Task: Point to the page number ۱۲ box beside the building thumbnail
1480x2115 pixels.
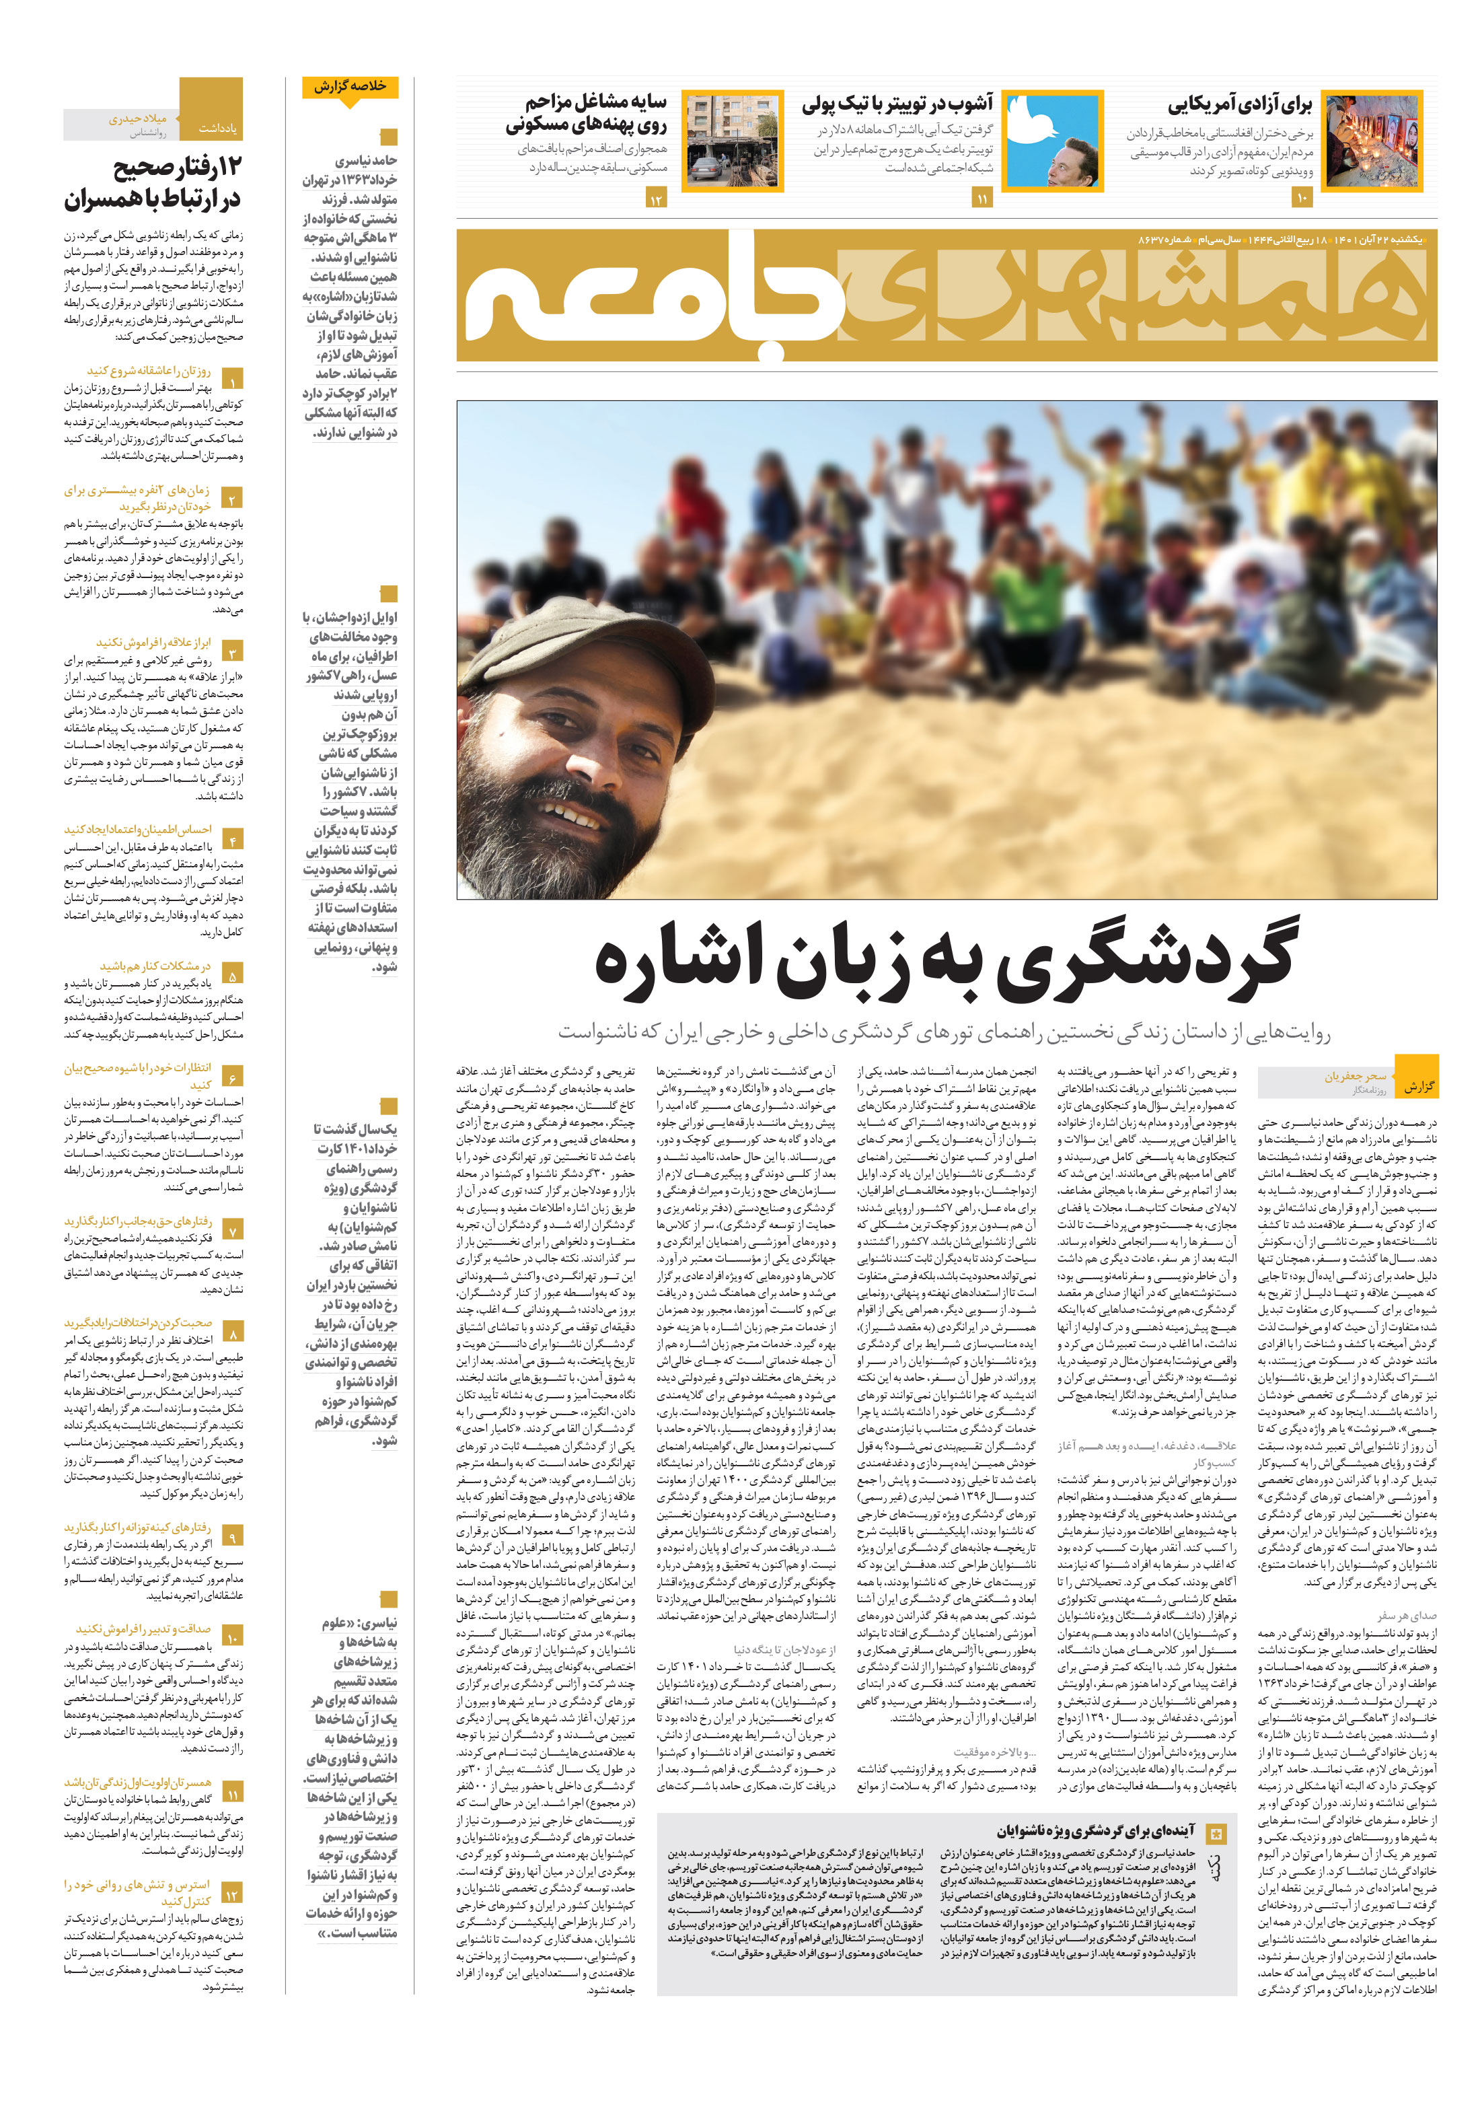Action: tap(656, 199)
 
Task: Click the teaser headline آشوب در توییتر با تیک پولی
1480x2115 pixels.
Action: tap(897, 103)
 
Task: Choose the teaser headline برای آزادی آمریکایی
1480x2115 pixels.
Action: tap(1240, 105)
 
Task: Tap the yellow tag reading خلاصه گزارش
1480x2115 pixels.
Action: tap(349, 87)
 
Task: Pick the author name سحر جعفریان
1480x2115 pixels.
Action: tap(1355, 1075)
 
